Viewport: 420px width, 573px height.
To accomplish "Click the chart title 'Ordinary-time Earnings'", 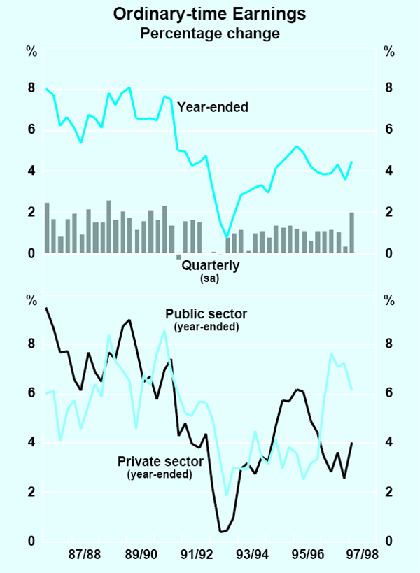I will coord(210,14).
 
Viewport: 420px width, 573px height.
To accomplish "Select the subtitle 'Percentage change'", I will coord(210,33).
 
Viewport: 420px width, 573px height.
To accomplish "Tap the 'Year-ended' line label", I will coord(213,107).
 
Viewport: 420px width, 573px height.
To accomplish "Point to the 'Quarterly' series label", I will coord(211,265).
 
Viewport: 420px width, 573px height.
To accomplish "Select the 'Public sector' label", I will coord(206,313).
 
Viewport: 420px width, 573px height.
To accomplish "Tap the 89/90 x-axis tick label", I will coord(141,554).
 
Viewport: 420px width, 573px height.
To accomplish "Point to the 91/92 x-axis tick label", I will coord(196,554).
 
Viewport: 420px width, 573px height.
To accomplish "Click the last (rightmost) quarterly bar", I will coord(352,232).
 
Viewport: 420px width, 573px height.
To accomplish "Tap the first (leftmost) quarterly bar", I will coord(47,228).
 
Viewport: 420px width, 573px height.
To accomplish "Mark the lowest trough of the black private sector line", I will coord(221,532).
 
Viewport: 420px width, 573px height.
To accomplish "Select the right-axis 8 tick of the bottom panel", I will coord(388,344).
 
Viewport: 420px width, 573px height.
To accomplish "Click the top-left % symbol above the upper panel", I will coord(31,52).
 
